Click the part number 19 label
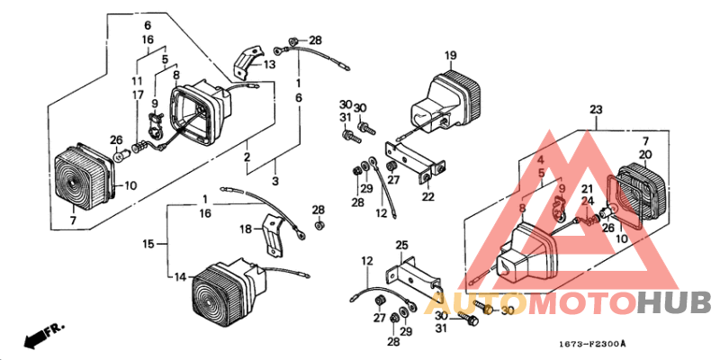[x=451, y=55]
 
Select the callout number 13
[x=269, y=65]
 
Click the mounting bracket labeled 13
[x=242, y=63]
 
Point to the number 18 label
[x=246, y=230]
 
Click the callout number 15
[x=148, y=244]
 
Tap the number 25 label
[x=401, y=245]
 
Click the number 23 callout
[x=595, y=110]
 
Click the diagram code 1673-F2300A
[x=589, y=344]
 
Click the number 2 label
[x=245, y=157]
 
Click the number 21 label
[x=586, y=188]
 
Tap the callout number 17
[x=139, y=94]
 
